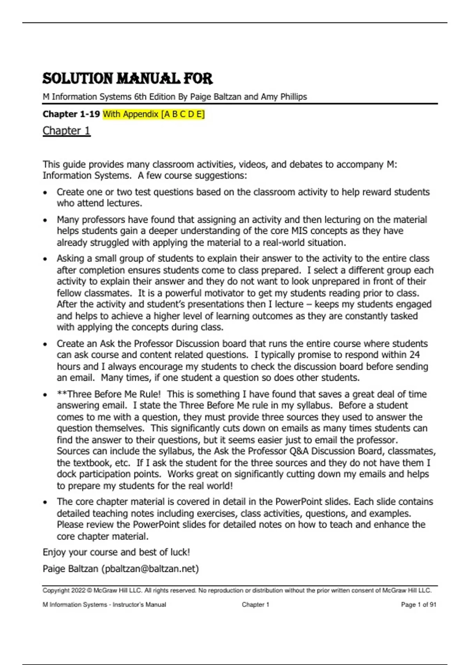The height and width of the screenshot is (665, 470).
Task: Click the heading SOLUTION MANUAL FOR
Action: coord(127,79)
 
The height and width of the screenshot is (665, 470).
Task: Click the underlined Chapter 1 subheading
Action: coord(66,131)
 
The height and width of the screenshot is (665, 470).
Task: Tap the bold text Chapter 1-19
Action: coord(71,114)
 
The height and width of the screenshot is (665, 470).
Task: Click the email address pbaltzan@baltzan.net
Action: coord(150,568)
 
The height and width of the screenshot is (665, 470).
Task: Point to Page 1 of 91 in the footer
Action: coord(418,604)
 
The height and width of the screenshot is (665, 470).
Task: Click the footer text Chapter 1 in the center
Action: coord(255,604)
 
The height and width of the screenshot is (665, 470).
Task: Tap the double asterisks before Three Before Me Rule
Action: coord(62,394)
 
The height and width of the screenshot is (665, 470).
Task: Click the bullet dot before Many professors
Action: coord(45,220)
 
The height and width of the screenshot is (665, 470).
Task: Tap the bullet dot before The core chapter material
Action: coord(45,502)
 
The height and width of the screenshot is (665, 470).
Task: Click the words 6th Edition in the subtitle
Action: coord(149,97)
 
